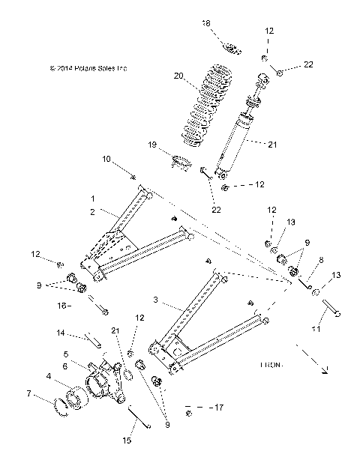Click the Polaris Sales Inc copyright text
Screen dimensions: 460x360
pos(88,68)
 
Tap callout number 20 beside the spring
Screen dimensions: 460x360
pos(178,76)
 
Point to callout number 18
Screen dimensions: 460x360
pos(206,23)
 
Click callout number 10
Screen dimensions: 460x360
pos(106,159)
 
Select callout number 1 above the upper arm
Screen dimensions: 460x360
pos(92,199)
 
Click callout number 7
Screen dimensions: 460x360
pos(50,393)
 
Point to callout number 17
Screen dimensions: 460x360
pos(219,408)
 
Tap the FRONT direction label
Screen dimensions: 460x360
pos(271,366)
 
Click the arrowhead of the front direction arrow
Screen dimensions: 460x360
pos(325,369)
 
